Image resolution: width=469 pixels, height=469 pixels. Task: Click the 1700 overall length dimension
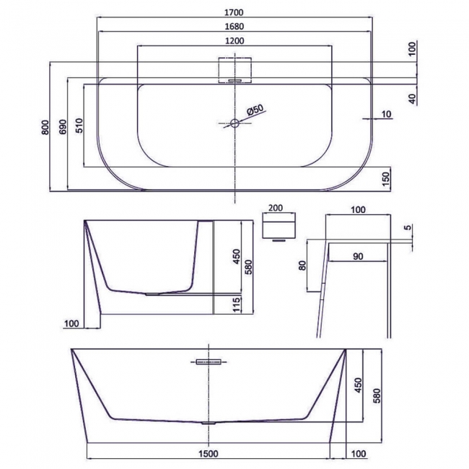click(x=234, y=12)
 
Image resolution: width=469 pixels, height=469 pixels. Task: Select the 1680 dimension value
click(x=234, y=27)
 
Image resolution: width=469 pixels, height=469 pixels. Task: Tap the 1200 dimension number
click(x=234, y=42)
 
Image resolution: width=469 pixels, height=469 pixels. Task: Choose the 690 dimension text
click(x=63, y=128)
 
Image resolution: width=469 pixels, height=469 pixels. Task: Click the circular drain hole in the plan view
click(x=234, y=123)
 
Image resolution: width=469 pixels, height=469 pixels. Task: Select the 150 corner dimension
click(x=387, y=177)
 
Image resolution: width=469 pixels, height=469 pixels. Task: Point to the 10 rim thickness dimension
click(x=387, y=114)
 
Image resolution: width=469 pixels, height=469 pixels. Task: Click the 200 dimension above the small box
click(x=276, y=208)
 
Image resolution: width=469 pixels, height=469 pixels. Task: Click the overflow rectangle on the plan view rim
click(x=234, y=69)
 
